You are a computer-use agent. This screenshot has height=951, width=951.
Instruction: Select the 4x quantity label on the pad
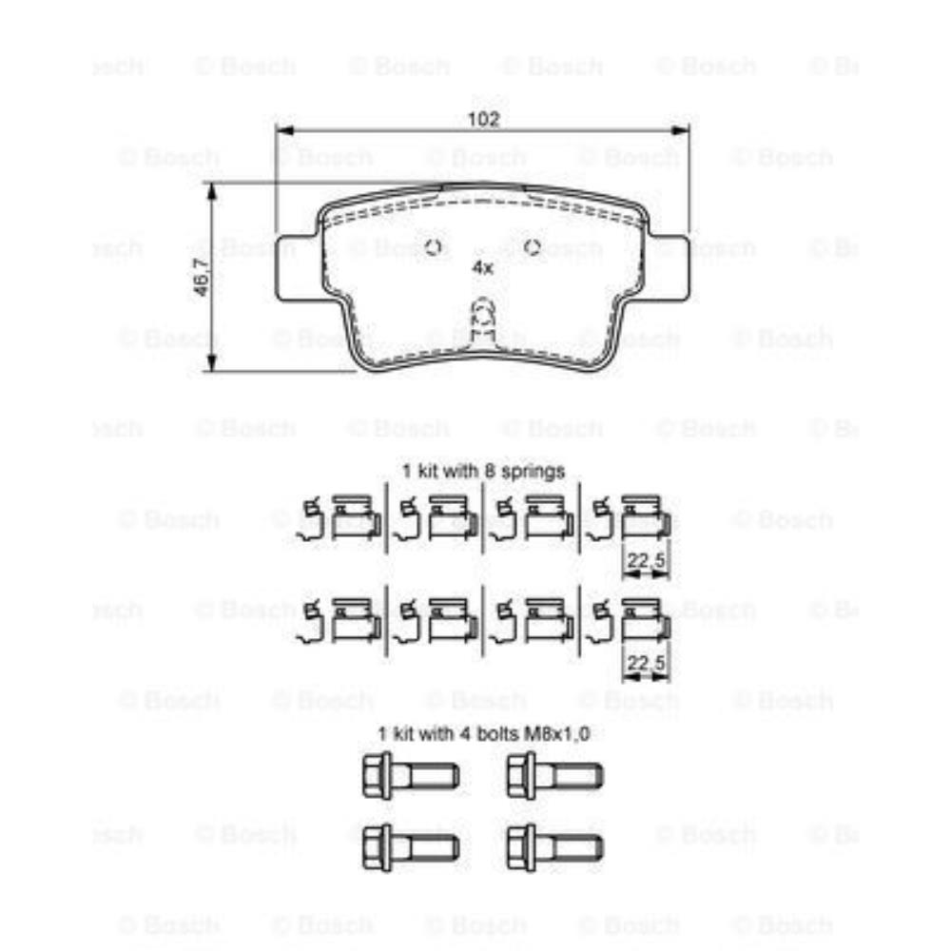pos(483,268)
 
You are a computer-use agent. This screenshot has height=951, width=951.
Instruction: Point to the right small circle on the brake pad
pos(533,248)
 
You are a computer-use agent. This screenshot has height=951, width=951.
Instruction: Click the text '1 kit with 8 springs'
pos(483,471)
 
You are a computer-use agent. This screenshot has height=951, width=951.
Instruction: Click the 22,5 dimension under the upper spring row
pos(647,562)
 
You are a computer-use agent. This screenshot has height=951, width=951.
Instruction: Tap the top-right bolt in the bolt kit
pos(554,775)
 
